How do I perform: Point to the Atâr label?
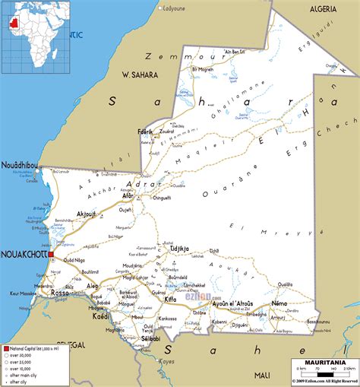coord(128,195)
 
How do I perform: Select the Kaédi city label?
coord(100,316)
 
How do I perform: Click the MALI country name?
coord(263,375)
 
